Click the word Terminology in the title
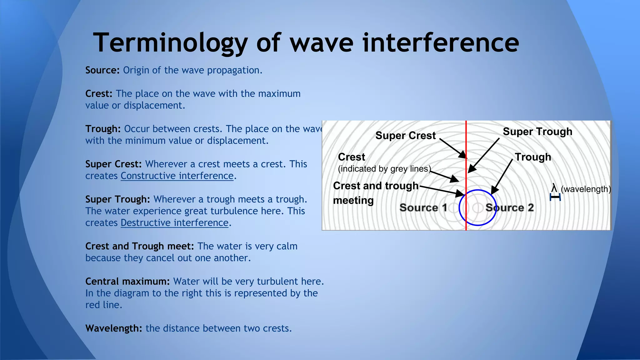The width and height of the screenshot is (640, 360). [170, 43]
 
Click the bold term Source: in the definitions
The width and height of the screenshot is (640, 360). [102, 70]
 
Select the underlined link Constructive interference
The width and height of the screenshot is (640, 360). [177, 176]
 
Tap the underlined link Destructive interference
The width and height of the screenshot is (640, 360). [174, 223]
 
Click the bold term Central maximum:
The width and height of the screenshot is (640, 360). [127, 282]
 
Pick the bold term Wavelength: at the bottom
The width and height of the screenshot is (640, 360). [113, 328]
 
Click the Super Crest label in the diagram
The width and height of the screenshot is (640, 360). [405, 136]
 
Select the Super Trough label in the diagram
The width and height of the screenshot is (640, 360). [537, 132]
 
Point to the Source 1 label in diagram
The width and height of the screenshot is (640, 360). [423, 208]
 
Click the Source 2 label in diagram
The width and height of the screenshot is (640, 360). [509, 208]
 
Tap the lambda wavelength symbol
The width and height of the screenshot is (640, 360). [554, 188]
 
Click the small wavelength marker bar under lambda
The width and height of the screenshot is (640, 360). [555, 197]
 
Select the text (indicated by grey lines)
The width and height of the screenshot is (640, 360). [384, 169]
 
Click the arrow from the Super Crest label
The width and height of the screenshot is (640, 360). [452, 148]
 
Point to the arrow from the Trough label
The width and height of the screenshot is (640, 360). [502, 177]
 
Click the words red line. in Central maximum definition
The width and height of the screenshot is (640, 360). [103, 305]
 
